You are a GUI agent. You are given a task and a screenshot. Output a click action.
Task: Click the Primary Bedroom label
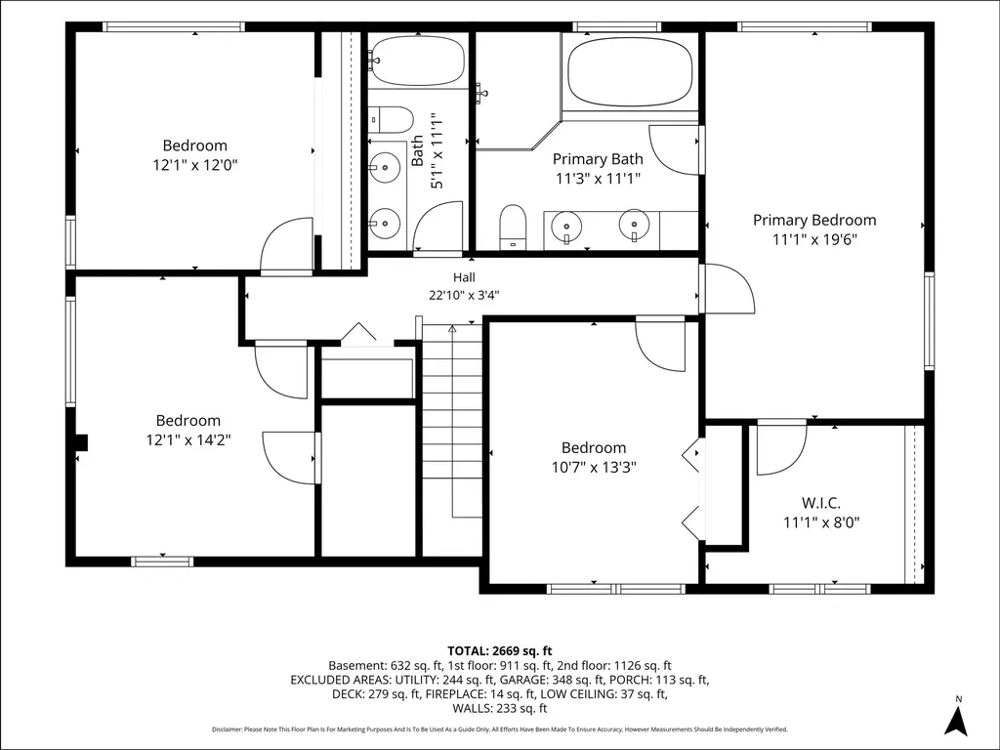coord(814,220)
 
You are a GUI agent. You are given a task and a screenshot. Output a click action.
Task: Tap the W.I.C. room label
coord(821,503)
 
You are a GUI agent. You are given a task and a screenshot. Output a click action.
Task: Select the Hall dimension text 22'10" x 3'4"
coord(464,295)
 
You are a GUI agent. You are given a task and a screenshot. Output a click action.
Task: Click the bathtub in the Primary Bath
coord(630,72)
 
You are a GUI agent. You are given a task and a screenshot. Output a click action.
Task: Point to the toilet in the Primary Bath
coord(512,227)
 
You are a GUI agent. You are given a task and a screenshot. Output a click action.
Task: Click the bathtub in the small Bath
coord(418,61)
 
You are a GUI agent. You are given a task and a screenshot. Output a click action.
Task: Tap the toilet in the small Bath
coord(392,119)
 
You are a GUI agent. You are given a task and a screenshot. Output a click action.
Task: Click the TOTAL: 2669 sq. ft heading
coord(500,651)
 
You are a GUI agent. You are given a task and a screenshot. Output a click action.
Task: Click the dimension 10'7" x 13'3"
coord(594,468)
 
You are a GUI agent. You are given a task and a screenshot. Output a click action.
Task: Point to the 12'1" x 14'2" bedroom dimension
coord(188,440)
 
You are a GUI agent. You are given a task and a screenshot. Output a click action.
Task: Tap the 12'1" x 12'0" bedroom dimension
coord(195,165)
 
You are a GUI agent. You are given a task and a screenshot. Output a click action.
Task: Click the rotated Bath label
coord(417,150)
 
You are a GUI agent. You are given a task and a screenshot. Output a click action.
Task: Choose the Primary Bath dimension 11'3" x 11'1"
coord(598,179)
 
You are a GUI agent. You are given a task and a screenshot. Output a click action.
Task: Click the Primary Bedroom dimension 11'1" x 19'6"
coord(814,240)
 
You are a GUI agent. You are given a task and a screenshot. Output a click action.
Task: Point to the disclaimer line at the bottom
coord(500,729)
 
